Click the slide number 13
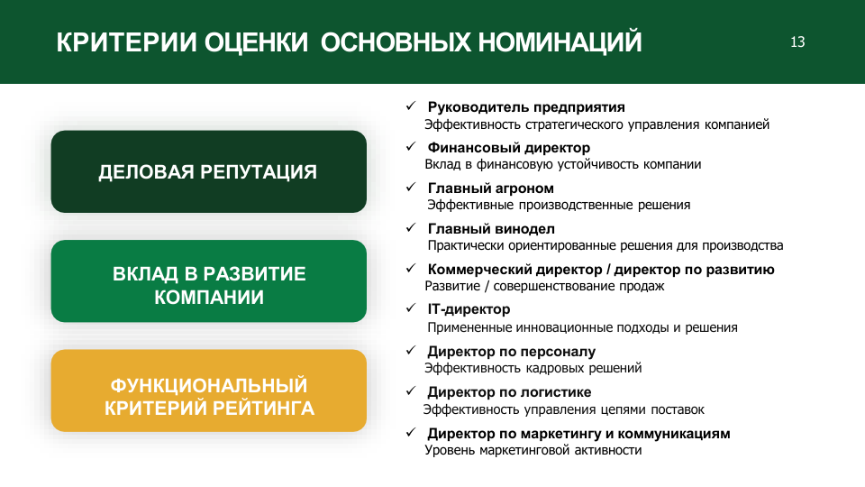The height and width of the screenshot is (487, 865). (x=797, y=42)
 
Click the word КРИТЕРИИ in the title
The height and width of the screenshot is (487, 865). (x=126, y=42)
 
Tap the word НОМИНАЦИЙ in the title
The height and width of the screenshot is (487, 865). (x=560, y=41)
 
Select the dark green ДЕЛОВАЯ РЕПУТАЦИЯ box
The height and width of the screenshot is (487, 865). (x=208, y=171)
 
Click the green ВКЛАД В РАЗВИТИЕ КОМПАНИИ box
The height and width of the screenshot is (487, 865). (x=208, y=281)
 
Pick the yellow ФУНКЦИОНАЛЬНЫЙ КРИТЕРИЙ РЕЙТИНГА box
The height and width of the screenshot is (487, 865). (x=208, y=391)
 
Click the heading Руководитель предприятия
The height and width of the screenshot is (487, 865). (x=526, y=107)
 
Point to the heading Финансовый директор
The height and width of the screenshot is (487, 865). (x=508, y=147)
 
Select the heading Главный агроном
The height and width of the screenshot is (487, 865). (x=490, y=188)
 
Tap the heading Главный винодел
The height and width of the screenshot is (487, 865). (x=491, y=228)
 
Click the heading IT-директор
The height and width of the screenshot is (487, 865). (x=469, y=309)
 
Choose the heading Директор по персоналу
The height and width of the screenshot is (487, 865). (x=512, y=351)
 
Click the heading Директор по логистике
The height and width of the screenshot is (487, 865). (x=509, y=392)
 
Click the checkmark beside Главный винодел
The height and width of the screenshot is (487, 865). (x=411, y=227)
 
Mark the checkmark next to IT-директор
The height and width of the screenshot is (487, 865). (x=411, y=308)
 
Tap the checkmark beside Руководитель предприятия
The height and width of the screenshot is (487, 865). (x=411, y=106)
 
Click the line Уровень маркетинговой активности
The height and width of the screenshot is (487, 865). (x=533, y=450)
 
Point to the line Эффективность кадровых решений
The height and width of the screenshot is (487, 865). (x=533, y=368)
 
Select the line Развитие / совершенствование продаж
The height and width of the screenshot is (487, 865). (x=544, y=286)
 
